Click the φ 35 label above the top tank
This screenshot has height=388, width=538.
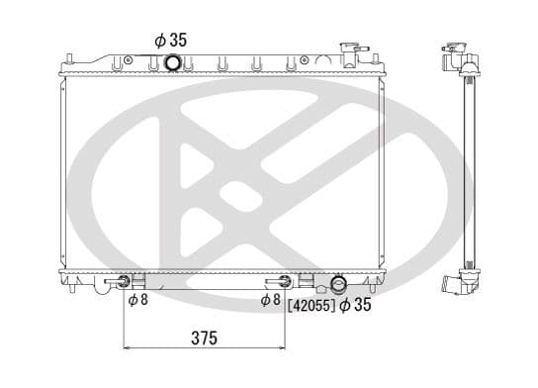(170, 41)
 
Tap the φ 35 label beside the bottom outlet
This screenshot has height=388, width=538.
(355, 305)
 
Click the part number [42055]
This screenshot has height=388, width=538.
(310, 305)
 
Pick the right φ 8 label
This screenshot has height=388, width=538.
(271, 300)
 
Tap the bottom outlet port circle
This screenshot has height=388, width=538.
(338, 285)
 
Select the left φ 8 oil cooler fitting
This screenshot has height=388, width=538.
(124, 282)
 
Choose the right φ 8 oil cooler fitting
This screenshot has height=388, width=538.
(285, 282)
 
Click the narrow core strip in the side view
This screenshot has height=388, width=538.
(466, 168)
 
